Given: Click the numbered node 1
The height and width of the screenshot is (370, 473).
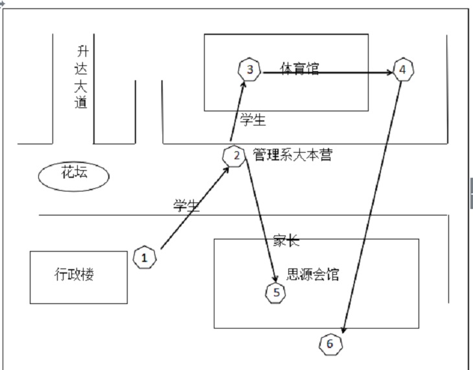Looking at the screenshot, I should (145, 257).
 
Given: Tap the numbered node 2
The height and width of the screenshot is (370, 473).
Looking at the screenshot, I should (235, 156).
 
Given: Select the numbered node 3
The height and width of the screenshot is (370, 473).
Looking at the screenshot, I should (249, 69).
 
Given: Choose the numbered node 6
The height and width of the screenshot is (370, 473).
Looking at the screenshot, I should (330, 343).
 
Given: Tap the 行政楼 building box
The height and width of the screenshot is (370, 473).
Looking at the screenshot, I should (78, 277).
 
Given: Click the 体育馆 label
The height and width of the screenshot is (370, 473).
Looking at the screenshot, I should (299, 68).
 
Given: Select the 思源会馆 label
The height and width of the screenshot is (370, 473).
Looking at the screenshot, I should (314, 276).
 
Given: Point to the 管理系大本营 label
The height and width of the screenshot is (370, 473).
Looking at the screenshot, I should (292, 155).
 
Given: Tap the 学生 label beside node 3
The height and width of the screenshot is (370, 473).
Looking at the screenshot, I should (253, 119).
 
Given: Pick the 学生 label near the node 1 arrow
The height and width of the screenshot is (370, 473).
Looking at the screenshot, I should (186, 206).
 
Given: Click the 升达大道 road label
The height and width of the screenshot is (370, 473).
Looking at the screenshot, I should (81, 76).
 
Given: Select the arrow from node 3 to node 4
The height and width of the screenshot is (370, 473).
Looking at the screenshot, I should (327, 72).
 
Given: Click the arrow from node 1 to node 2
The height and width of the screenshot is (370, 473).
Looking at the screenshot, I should (194, 208).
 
